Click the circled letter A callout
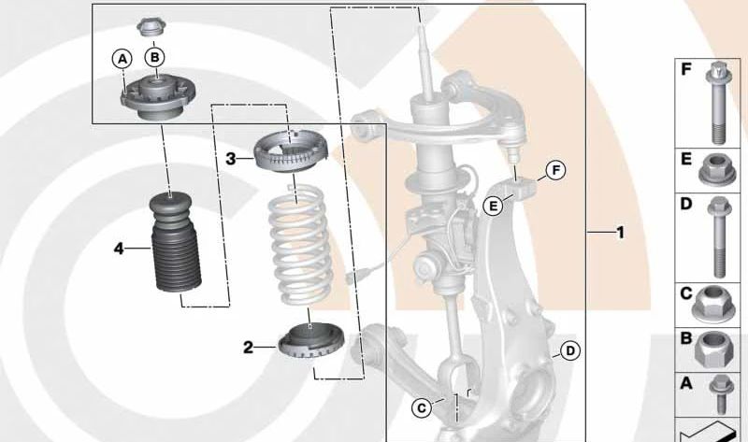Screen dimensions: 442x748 click(x=122, y=58)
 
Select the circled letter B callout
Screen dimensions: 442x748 click(x=155, y=57)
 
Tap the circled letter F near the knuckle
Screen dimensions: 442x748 click(x=555, y=170)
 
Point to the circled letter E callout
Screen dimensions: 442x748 click(x=492, y=206)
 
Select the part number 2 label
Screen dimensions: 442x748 click(x=248, y=348)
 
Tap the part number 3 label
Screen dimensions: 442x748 click(x=230, y=159)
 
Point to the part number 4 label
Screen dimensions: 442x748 click(x=119, y=248)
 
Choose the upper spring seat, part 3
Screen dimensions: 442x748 click(x=293, y=151)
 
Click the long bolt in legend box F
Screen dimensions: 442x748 click(x=719, y=103)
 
